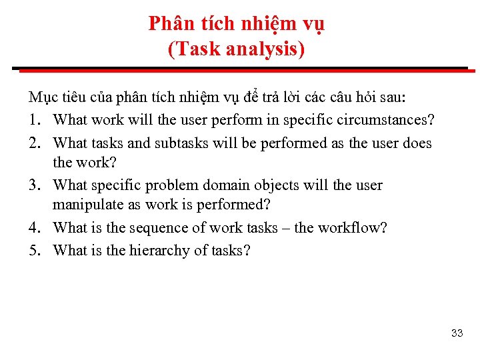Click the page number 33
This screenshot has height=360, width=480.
(457, 333)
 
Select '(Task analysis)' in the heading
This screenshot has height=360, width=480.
(237, 49)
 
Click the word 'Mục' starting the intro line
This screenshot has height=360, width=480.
(41, 97)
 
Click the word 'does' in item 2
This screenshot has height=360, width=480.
(417, 143)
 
